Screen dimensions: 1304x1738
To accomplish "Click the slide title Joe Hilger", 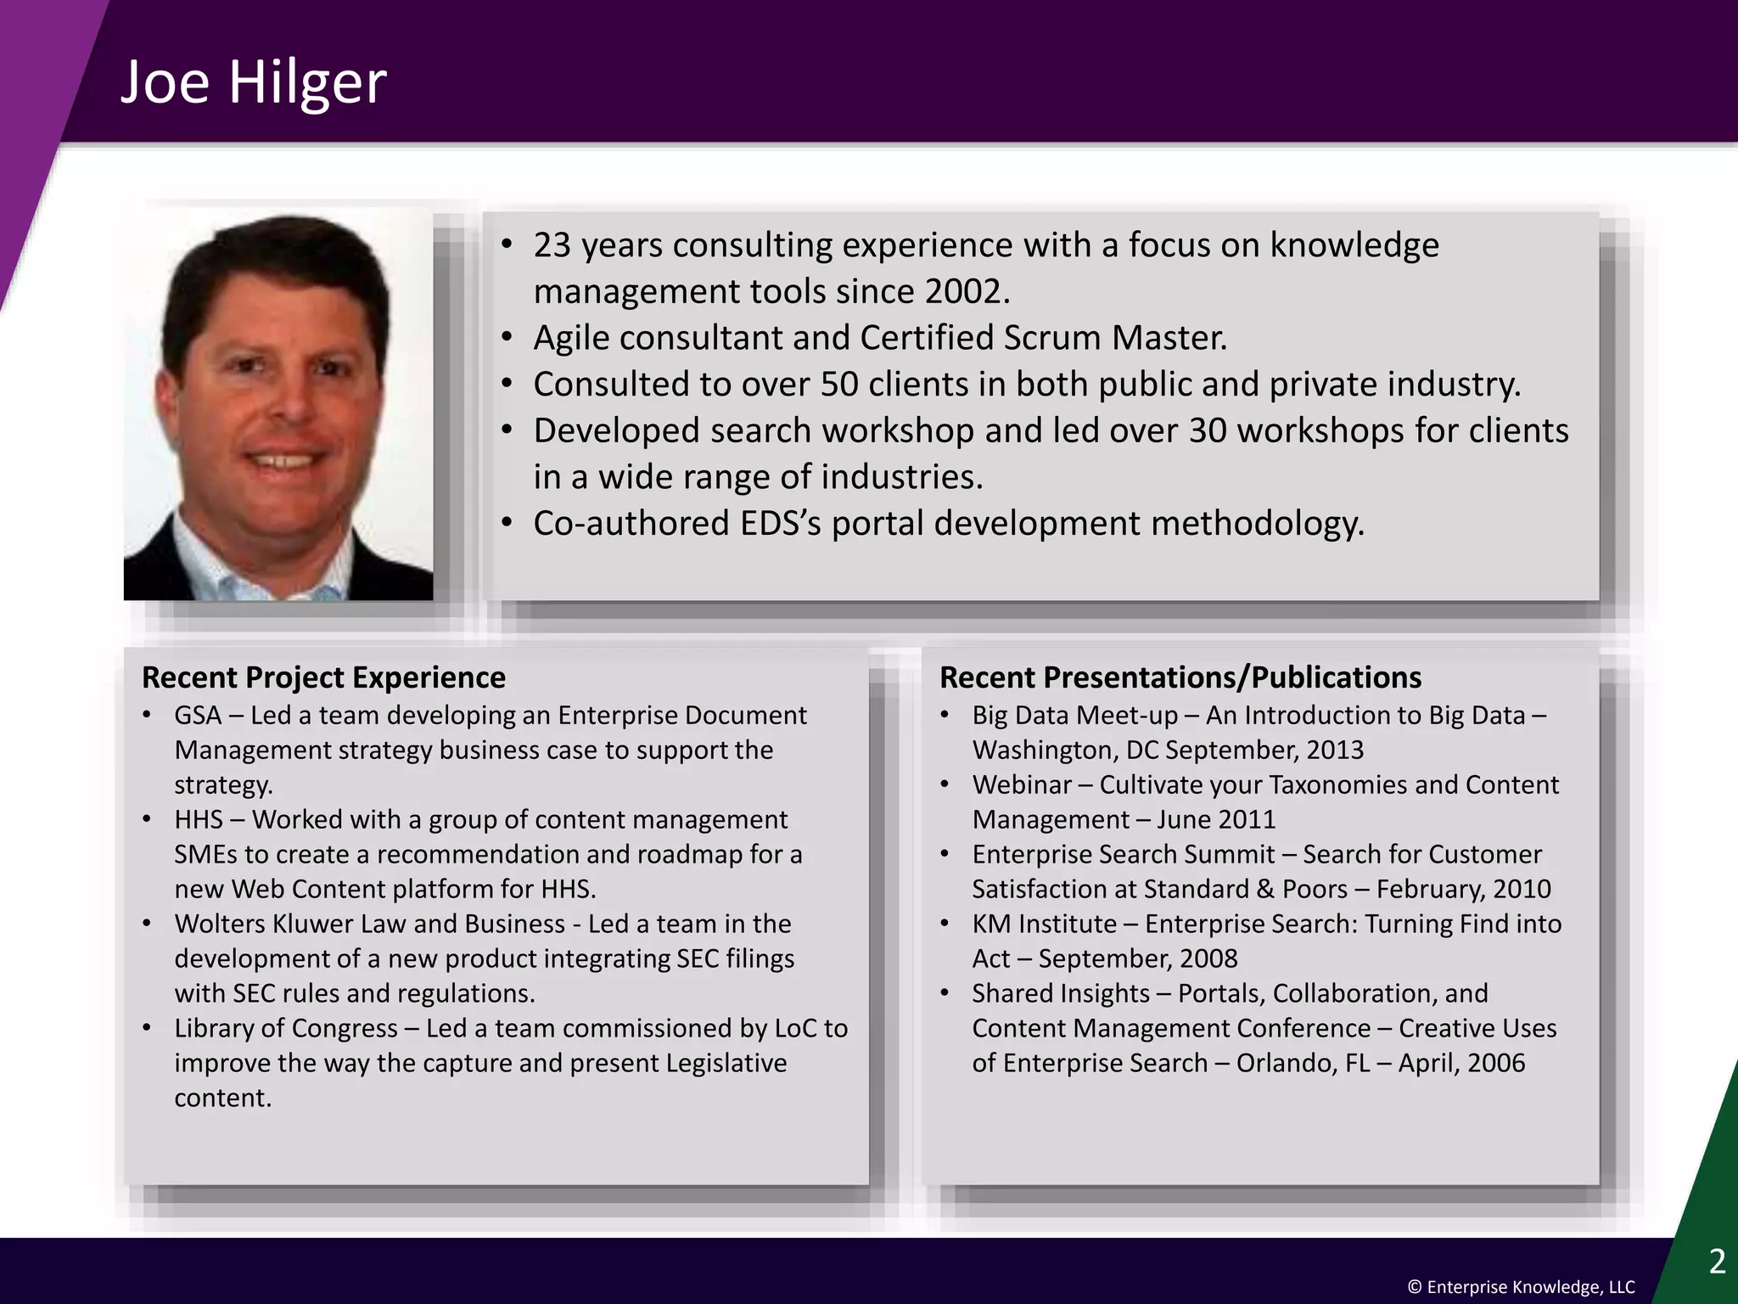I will point(253,83).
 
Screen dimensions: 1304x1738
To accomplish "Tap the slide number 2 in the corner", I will point(1717,1262).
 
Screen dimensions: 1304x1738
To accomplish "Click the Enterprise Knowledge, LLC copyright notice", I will point(1521,1287).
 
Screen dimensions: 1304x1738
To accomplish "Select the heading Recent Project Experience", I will point(323,677).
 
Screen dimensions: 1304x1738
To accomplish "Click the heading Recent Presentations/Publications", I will point(1180,677).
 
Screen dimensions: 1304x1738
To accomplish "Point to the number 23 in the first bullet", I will point(552,245).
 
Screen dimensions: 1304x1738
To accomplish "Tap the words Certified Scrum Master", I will point(1042,338).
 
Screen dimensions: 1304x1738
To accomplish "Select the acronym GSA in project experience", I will point(198,716).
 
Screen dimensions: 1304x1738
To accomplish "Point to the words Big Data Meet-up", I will point(1074,716).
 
